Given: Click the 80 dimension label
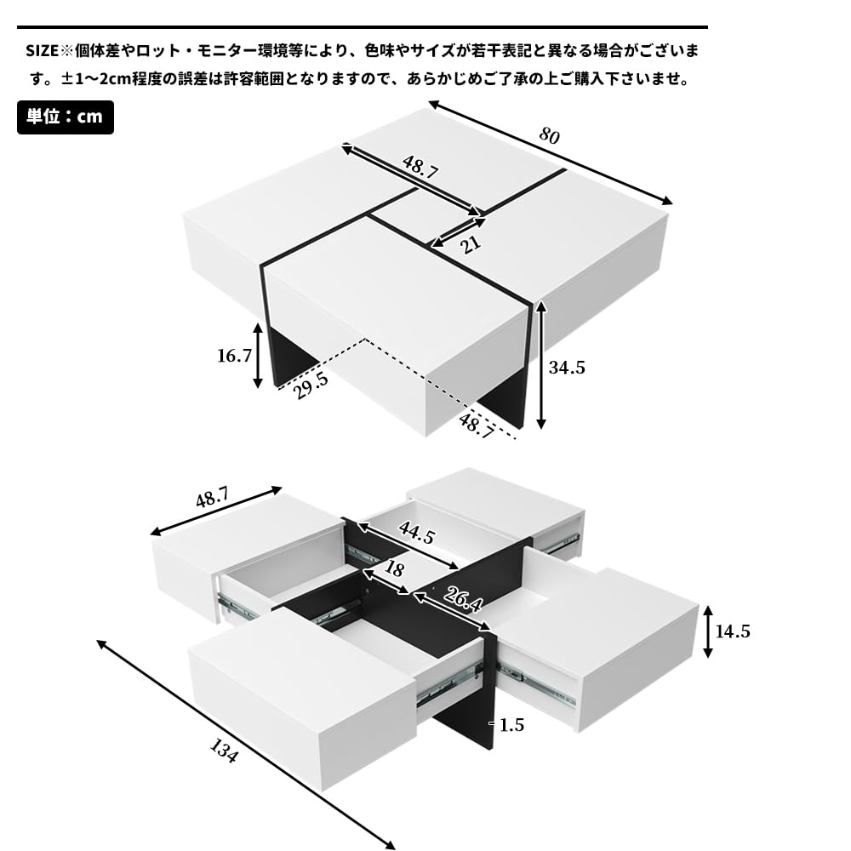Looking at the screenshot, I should (x=550, y=135).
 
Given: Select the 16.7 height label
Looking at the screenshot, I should (x=235, y=355).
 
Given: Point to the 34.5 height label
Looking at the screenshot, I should (x=568, y=368).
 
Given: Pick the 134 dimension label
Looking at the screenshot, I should (x=224, y=751).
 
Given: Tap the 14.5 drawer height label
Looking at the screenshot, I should (x=733, y=631).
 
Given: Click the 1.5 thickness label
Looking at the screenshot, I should (x=511, y=725).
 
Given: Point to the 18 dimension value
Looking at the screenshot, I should (x=394, y=569).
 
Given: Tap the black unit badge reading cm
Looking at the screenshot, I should (x=66, y=117).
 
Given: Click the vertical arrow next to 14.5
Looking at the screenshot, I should (x=708, y=631).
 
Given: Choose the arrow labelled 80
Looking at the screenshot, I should (x=550, y=152).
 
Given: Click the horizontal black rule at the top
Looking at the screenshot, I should (x=362, y=27).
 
